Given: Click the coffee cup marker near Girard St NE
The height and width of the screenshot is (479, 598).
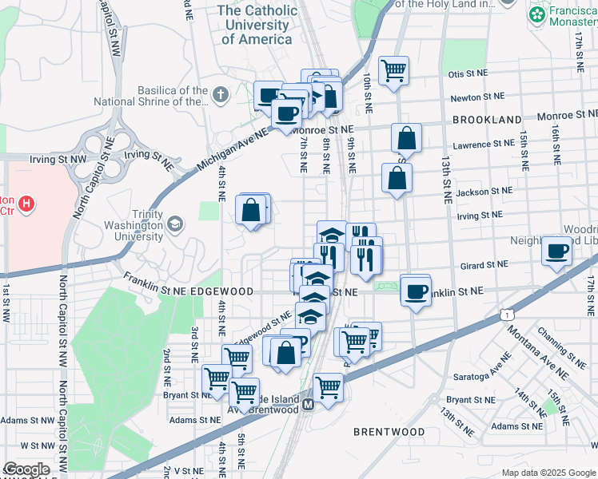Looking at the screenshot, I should pyautogui.click(x=557, y=251).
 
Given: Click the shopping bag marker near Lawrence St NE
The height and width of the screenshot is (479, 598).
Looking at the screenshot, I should pyautogui.click(x=406, y=138).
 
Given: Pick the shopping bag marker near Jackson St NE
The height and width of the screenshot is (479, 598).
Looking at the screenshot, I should pyautogui.click(x=397, y=178).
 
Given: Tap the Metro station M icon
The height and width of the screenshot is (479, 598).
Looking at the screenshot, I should pyautogui.click(x=307, y=406).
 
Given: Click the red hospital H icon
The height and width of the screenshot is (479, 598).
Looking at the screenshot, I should pyautogui.click(x=27, y=205).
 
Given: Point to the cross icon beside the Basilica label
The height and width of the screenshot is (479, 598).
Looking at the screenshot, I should pyautogui.click(x=221, y=95).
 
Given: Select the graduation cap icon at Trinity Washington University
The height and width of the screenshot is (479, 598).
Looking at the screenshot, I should pyautogui.click(x=173, y=226).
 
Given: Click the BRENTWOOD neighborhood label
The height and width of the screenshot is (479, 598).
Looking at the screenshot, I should pyautogui.click(x=389, y=432).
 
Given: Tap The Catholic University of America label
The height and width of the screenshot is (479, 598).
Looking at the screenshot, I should pyautogui.click(x=257, y=25).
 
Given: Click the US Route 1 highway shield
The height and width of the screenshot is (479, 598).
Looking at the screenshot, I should pyautogui.click(x=507, y=315).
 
